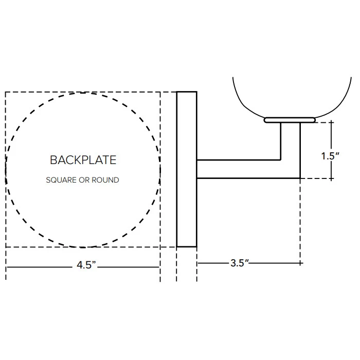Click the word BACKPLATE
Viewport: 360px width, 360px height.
click(83, 160)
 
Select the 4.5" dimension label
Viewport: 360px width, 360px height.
click(86, 265)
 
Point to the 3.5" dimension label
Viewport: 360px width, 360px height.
click(240, 263)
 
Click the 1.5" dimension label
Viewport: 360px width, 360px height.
click(330, 156)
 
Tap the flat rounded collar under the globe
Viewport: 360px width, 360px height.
click(290, 120)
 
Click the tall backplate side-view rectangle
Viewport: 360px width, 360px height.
click(187, 169)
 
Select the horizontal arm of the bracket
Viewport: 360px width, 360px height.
click(239, 169)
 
